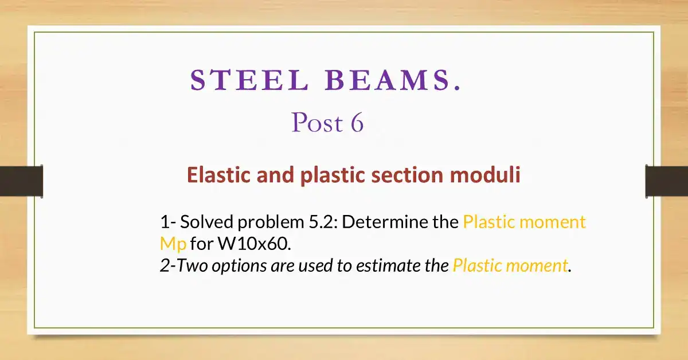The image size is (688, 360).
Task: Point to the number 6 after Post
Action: click(x=357, y=123)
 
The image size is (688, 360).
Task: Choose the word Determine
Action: click(x=390, y=222)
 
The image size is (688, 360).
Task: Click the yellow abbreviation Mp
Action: click(x=173, y=244)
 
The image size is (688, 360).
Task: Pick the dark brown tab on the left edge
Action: click(x=21, y=181)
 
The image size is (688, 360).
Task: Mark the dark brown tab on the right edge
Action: click(x=666, y=181)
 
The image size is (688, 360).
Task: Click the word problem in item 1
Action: click(x=268, y=222)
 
